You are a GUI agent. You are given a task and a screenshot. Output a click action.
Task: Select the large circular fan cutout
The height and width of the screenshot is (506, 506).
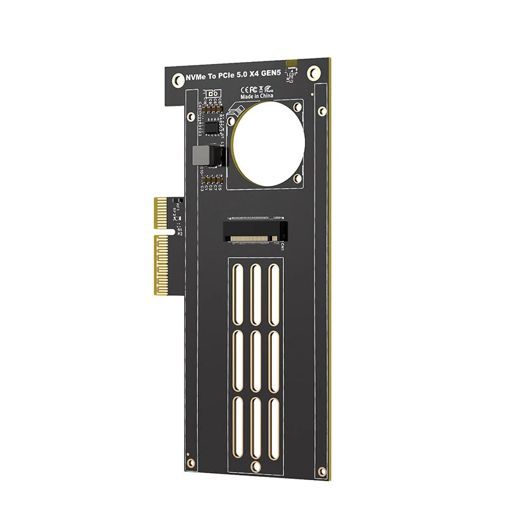(268, 140)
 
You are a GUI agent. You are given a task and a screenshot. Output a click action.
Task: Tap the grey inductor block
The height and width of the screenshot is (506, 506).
(200, 155)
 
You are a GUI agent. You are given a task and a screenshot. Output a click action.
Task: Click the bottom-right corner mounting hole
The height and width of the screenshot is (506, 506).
(323, 474)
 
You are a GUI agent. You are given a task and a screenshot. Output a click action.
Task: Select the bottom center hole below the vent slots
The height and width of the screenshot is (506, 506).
(254, 466)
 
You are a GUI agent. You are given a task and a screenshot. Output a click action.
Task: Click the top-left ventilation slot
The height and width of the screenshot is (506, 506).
(238, 292)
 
